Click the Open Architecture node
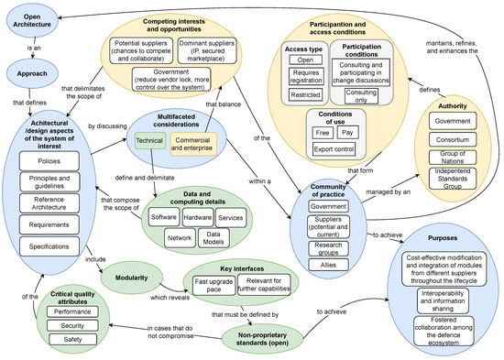point(34,19)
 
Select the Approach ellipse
point(32,72)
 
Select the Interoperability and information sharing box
point(438,298)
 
